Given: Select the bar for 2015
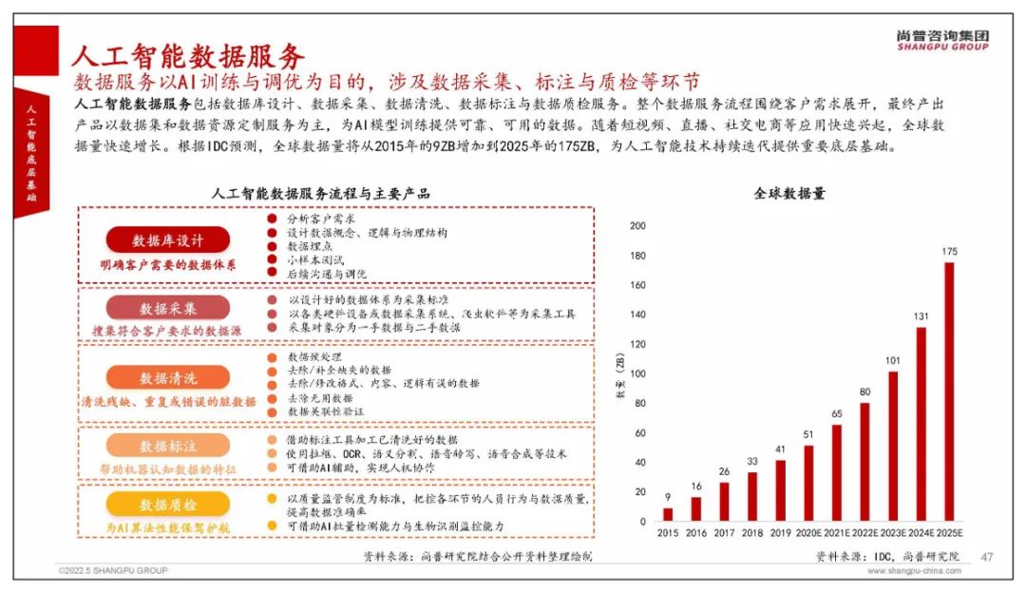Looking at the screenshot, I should click(x=667, y=514).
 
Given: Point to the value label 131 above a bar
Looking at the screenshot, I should click(x=920, y=317).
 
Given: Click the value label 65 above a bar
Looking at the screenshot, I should click(x=836, y=414).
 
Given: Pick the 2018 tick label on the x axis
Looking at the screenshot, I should click(x=751, y=533).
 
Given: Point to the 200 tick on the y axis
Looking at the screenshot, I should click(x=637, y=226).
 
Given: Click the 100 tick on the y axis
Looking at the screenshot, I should click(x=637, y=374).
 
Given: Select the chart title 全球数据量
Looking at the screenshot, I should click(x=789, y=193).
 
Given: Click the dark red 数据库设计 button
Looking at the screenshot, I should click(x=168, y=240).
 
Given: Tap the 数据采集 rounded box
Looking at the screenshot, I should click(x=168, y=308).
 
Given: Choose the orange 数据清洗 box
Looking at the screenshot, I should click(x=168, y=377).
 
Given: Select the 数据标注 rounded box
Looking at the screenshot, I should click(x=168, y=446).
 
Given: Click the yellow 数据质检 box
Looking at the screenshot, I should click(x=168, y=505).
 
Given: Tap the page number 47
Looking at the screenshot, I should click(x=986, y=557).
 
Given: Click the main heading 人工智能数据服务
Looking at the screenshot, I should click(x=187, y=54).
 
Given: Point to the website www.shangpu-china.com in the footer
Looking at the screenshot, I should click(x=914, y=571).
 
